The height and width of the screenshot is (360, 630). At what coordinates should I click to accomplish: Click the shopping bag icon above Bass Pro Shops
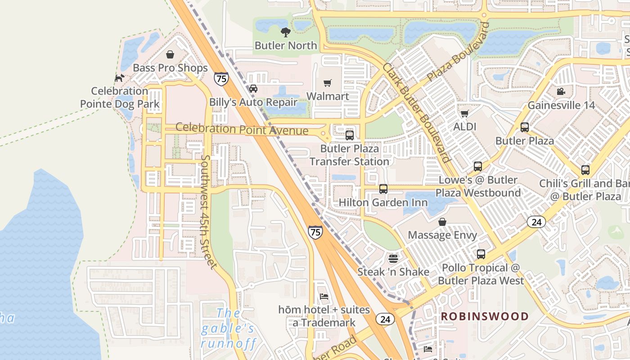point(170,54)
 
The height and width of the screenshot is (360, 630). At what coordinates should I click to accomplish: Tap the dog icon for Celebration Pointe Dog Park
point(119,78)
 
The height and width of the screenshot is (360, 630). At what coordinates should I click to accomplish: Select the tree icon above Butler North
point(285,32)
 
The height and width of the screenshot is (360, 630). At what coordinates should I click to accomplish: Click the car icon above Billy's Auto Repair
point(253,89)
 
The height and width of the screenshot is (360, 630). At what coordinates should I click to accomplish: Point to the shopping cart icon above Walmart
point(328,83)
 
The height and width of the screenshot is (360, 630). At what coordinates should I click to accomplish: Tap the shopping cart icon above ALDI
point(464,113)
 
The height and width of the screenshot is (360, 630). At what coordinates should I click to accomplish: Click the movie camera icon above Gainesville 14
point(561,92)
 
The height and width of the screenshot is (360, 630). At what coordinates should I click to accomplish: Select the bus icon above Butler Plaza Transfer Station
point(349,135)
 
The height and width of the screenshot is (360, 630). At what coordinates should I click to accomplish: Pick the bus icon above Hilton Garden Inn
point(383,189)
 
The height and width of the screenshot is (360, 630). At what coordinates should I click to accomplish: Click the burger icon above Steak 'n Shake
point(393,259)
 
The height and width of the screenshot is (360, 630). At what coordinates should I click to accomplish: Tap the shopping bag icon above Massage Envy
point(442,222)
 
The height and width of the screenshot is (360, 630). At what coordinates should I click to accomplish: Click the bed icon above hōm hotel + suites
point(324,297)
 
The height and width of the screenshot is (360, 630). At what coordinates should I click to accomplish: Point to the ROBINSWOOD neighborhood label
point(484,316)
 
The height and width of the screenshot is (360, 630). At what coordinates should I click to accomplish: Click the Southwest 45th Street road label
point(208,211)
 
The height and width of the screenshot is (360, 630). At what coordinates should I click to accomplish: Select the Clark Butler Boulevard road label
point(416,112)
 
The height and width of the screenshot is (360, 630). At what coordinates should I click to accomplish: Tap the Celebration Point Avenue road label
point(242,129)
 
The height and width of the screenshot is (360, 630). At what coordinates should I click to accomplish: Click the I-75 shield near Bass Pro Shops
point(221,78)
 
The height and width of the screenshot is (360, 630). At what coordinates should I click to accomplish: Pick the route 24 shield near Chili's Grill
point(536,222)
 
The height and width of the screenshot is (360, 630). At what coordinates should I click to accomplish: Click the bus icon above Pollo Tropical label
point(481,254)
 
